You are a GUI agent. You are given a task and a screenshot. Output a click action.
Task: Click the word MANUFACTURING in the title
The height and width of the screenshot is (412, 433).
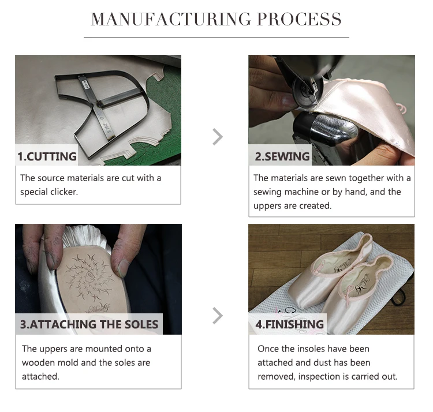coord(171,19)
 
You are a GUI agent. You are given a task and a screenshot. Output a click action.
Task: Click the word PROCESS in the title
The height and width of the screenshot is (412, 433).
coord(299,19)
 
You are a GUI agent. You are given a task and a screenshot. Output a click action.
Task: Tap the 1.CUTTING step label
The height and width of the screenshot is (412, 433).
coord(47,156)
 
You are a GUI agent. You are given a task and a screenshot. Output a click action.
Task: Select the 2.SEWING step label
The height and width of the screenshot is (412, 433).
coord(282,156)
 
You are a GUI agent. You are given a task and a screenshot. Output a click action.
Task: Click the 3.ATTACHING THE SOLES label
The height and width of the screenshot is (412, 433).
coord(89,324)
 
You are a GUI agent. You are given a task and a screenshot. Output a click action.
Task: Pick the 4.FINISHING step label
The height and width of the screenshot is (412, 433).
coord(289,324)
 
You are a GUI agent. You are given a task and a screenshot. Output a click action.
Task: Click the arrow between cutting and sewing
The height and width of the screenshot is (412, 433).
coord(218,137)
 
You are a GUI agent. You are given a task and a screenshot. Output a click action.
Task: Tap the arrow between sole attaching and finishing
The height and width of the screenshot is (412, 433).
coord(218,316)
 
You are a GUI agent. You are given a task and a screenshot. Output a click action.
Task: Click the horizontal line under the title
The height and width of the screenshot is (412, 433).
coord(216,37)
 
